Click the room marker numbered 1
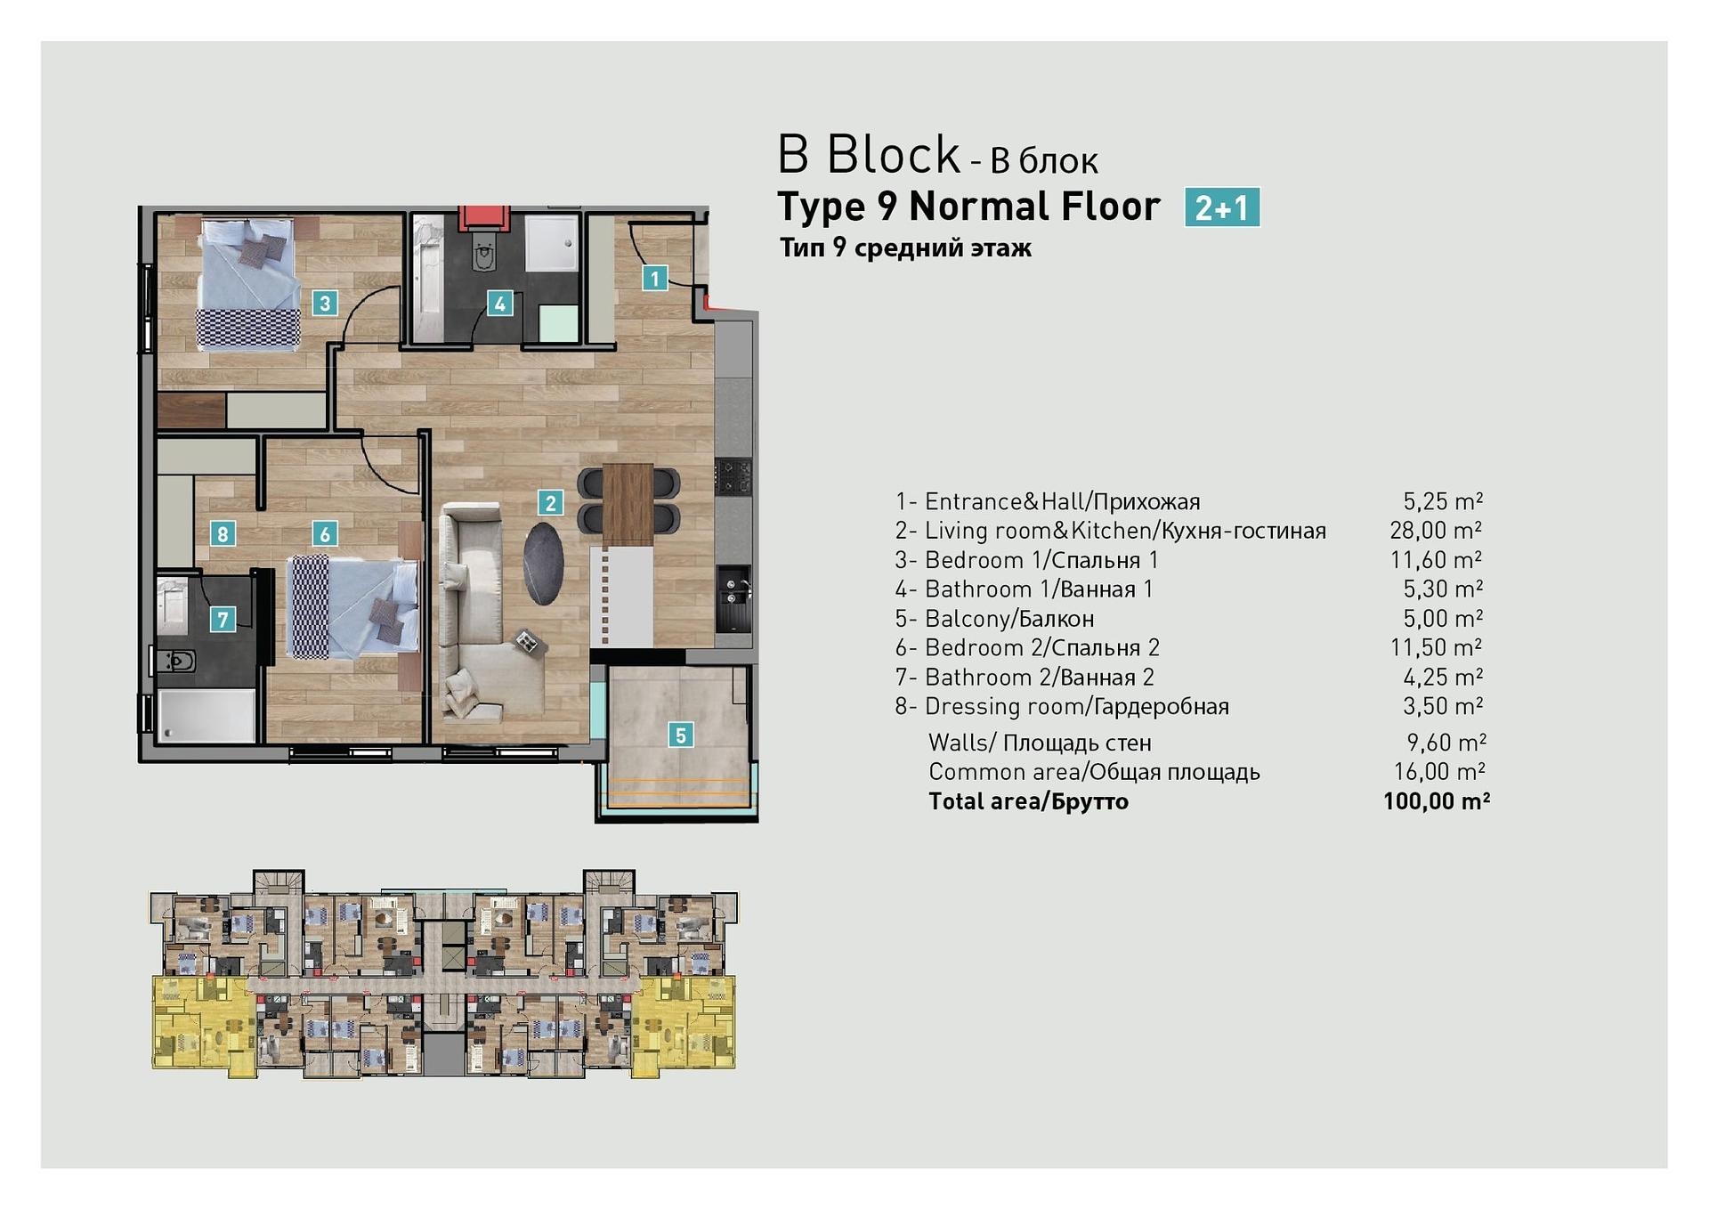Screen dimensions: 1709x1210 pos(655,279)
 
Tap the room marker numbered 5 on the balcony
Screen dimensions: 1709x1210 pos(681,735)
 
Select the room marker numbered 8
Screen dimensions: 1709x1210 pos(223,534)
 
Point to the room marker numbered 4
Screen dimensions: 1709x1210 pos(499,304)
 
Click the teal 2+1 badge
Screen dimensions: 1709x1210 pos(1222,207)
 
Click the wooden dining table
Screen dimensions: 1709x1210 pos(628,505)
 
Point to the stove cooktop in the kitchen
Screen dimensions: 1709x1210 pos(734,476)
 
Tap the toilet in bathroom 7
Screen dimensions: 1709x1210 pos(176,661)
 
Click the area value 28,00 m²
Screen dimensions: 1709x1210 pos(1436,531)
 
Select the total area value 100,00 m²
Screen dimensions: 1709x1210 pos(1437,801)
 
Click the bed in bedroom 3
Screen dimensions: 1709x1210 pos(248,285)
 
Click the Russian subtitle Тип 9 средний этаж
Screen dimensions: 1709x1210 pos(905,248)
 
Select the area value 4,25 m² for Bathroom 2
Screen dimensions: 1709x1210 pos(1443,678)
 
